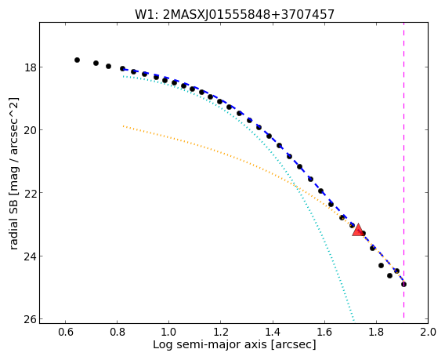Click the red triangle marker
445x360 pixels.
point(358,231)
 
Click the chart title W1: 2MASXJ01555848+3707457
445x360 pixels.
point(234,14)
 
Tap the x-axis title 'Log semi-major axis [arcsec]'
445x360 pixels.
point(234,344)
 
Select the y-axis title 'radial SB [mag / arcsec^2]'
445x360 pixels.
point(13,173)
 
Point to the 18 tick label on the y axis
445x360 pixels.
point(29,67)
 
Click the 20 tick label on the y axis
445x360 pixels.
point(29,130)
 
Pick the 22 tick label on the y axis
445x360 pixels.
point(29,193)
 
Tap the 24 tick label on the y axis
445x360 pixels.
point(29,256)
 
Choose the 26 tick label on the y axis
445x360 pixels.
point(29,318)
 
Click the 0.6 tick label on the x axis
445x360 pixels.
point(65,332)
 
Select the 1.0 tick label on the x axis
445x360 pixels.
point(169,332)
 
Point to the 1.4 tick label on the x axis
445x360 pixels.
point(273,332)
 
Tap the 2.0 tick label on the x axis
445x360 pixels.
point(429,332)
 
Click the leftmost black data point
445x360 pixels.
point(77,60)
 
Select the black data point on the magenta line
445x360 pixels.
point(403,284)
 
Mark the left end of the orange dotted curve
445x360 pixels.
point(123,125)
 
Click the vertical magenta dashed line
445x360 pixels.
point(403,170)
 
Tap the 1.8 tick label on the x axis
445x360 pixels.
point(376,332)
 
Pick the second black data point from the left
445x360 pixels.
point(96,63)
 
